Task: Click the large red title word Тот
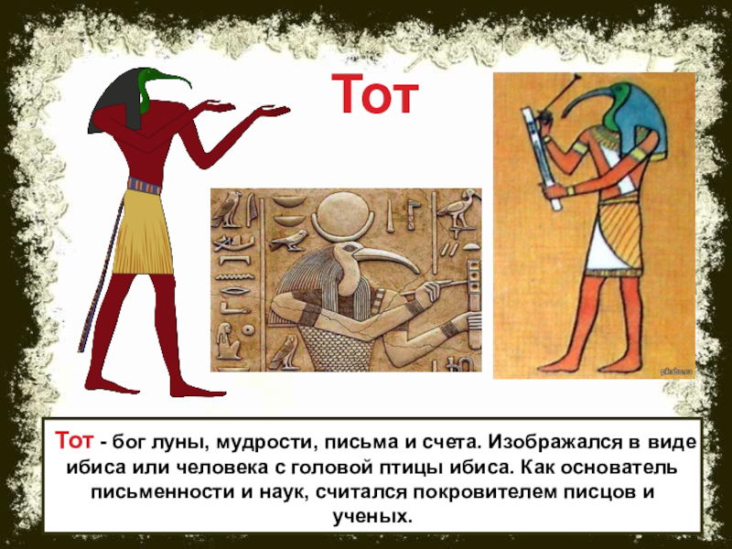(x=375, y=94)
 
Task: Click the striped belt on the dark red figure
(x=145, y=186)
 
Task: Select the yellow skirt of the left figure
(x=143, y=232)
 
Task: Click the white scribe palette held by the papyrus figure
(x=541, y=158)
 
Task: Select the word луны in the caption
(x=179, y=442)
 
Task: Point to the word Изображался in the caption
(x=554, y=442)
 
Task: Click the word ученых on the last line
(x=372, y=517)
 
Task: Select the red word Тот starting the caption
(x=74, y=440)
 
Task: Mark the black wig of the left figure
(x=116, y=102)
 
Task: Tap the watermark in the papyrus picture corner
(x=677, y=371)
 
